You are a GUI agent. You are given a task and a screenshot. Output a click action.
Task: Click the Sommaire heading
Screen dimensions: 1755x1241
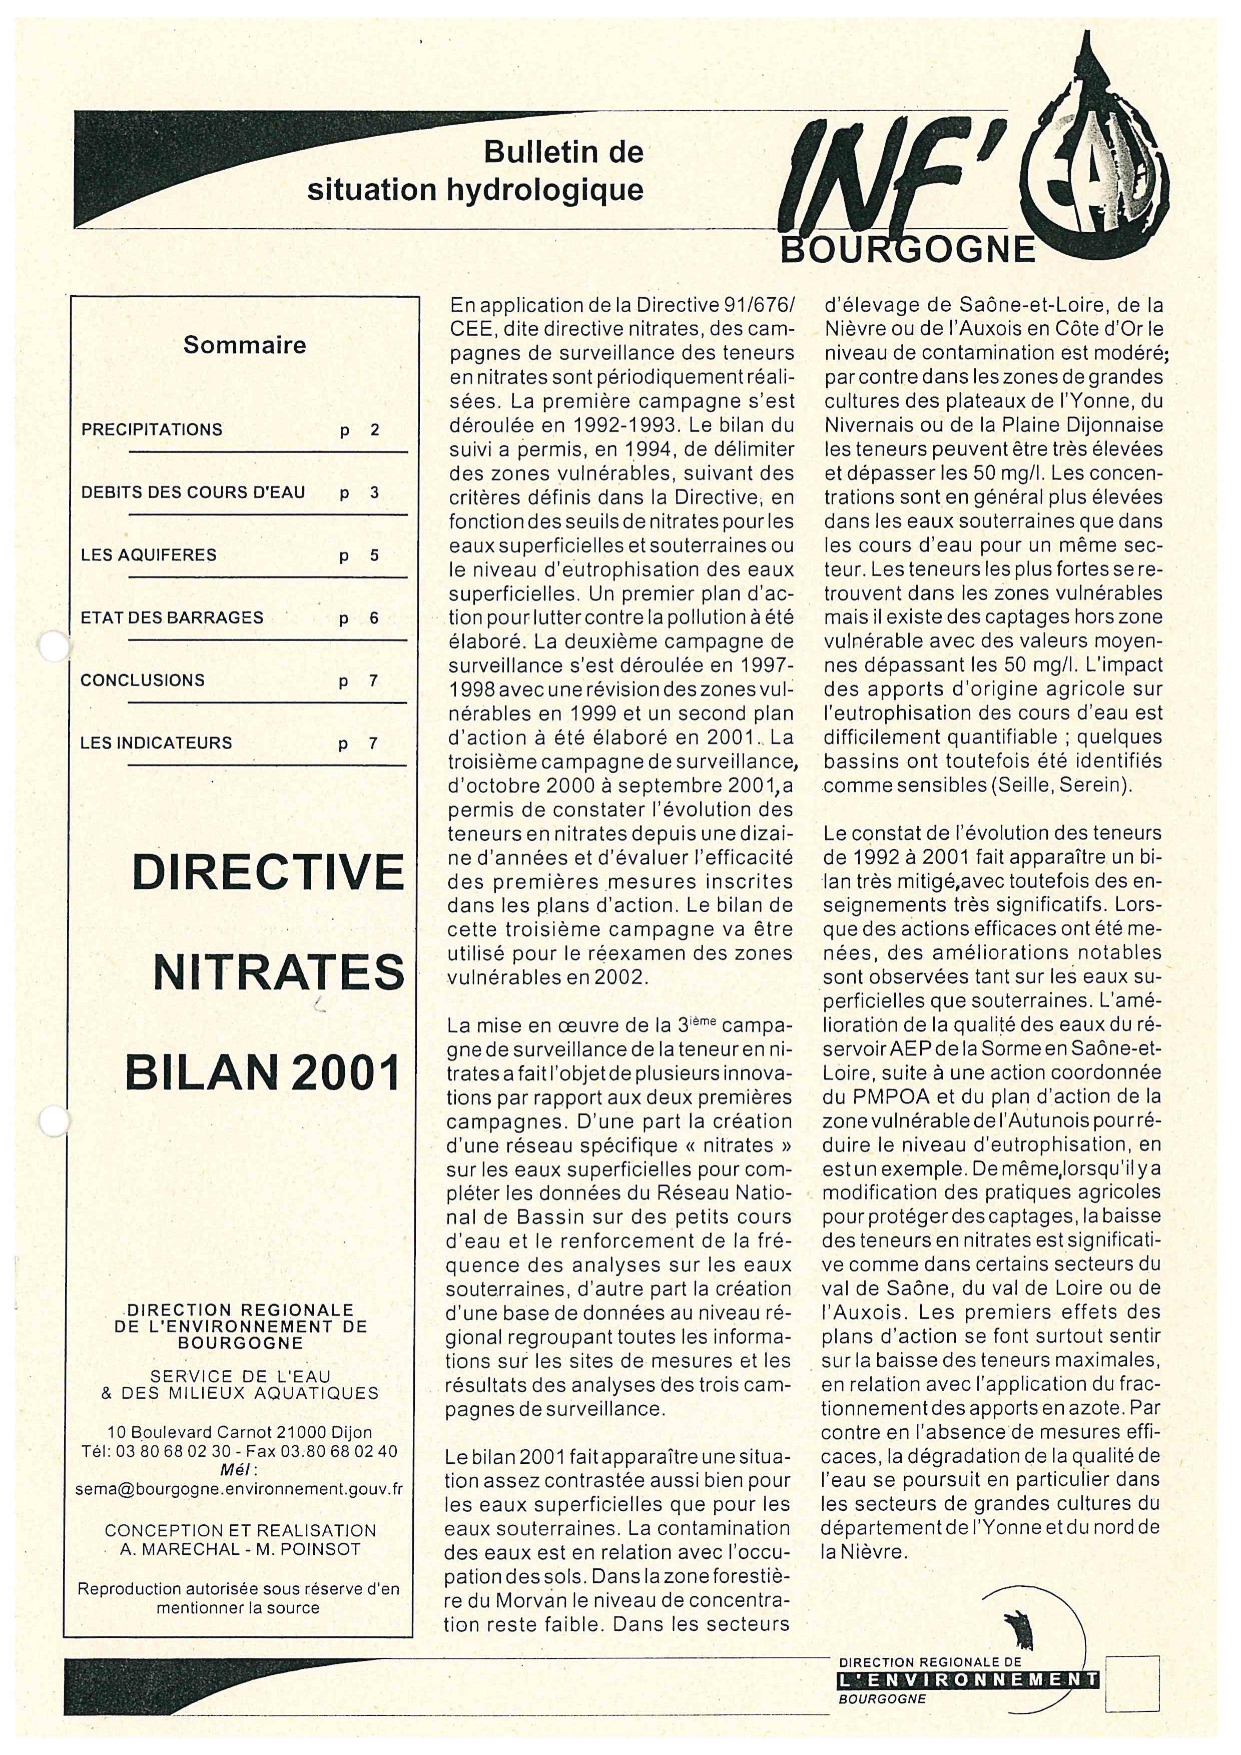[245, 345]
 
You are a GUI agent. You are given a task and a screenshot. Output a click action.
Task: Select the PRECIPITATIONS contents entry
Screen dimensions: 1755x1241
[152, 429]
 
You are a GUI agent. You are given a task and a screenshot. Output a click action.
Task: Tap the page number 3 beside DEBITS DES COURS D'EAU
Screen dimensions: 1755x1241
[374, 492]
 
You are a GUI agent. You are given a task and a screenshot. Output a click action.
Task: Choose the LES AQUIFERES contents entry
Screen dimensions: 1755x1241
[149, 555]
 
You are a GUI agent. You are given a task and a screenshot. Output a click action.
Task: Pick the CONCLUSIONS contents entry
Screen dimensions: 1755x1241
[143, 680]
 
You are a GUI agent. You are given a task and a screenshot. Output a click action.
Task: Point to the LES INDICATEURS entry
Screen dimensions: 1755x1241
[157, 743]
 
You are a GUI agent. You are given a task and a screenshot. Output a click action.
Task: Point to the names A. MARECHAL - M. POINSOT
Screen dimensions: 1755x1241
[235, 1549]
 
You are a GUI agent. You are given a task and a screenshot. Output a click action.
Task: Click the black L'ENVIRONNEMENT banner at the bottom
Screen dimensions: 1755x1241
[968, 1679]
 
